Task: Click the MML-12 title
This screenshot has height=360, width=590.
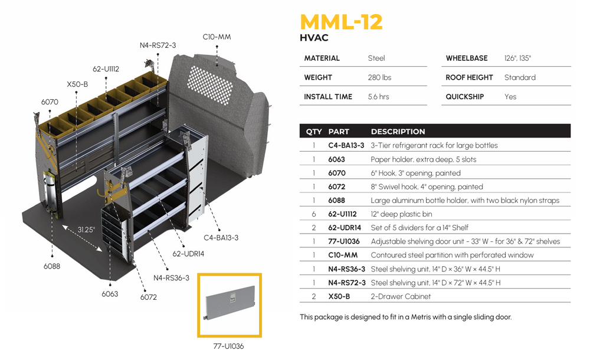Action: (341, 21)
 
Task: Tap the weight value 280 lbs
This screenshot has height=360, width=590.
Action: (379, 77)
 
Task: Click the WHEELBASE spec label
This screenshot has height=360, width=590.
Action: (467, 58)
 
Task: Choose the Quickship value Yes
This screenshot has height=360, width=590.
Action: (510, 97)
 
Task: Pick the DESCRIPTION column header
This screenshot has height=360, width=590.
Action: (398, 132)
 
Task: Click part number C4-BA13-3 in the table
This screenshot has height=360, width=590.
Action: (346, 146)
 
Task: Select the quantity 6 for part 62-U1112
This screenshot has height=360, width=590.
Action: (313, 214)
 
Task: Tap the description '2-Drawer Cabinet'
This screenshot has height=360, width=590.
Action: (401, 296)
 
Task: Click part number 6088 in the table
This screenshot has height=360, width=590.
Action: (337, 201)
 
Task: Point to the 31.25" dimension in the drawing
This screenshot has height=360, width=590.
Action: (86, 230)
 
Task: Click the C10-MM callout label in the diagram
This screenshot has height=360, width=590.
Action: (217, 37)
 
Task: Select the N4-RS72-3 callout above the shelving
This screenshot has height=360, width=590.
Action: (158, 45)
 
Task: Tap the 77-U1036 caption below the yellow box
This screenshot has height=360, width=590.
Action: (229, 346)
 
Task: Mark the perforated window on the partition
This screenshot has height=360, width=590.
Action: (205, 77)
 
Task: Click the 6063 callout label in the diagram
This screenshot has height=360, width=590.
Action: (110, 294)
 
